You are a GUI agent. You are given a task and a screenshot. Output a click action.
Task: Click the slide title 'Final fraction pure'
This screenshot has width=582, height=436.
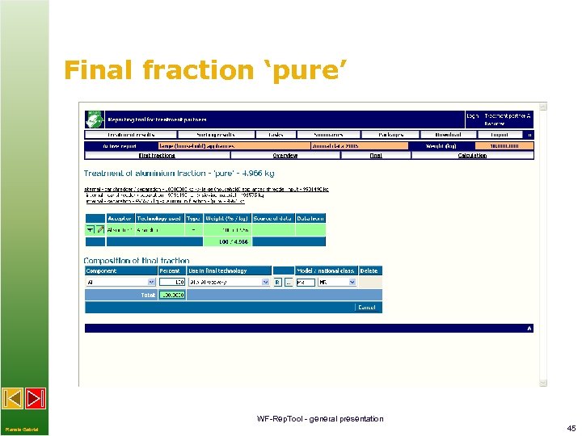coord(205,70)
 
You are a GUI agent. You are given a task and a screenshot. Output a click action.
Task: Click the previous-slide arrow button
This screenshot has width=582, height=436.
coord(13,398)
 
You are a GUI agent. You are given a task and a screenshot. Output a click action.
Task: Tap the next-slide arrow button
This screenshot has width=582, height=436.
coord(36,398)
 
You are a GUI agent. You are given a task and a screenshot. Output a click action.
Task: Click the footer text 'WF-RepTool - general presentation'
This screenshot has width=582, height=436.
coord(320,418)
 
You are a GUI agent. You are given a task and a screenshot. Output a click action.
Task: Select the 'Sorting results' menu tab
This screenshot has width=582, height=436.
coord(216,135)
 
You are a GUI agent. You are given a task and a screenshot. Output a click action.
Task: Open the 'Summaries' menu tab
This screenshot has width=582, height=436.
coord(328,135)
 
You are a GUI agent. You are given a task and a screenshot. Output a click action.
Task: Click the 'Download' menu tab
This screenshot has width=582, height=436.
coord(447,135)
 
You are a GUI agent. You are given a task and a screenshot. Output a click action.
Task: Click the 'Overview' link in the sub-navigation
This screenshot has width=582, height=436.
coord(285,155)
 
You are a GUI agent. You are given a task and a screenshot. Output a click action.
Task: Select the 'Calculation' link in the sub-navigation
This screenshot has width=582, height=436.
coord(472,155)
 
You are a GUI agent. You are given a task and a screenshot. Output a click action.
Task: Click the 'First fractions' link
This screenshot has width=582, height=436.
coord(157,155)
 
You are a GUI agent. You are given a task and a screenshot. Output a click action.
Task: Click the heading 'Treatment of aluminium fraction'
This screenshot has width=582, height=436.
coord(162,174)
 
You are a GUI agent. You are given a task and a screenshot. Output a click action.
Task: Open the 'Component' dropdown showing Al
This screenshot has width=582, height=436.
coord(120,283)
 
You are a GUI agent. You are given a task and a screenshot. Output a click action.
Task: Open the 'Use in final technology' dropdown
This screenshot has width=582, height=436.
coord(229,283)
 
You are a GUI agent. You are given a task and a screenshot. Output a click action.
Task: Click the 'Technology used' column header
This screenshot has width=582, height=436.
coord(159,218)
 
